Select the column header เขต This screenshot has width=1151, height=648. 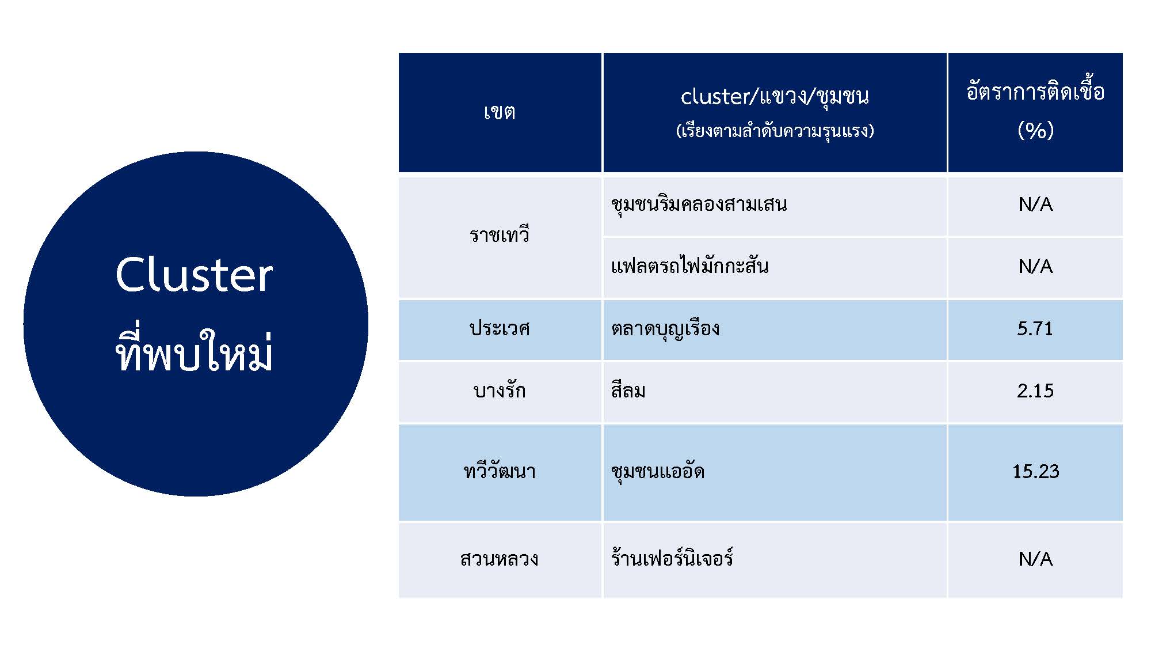tap(500, 112)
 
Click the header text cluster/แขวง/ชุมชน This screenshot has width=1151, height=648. tap(775, 96)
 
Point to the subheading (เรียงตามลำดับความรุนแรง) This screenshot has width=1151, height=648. tap(775, 131)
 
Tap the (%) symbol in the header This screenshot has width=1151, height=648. tap(1035, 130)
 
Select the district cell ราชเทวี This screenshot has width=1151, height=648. tap(500, 234)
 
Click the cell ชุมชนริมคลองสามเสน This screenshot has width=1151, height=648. tap(699, 204)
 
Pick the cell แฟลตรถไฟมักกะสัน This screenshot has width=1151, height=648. tap(690, 266)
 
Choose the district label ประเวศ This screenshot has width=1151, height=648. tap(500, 328)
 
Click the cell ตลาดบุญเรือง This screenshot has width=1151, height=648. tap(665, 329)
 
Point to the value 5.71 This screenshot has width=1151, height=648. tap(1035, 328)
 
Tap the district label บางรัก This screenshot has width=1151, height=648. tap(500, 391)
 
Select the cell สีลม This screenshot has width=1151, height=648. tap(628, 390)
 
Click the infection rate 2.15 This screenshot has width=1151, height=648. tap(1035, 391)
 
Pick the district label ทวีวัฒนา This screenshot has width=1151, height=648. tap(500, 471)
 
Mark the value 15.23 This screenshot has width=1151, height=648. tap(1035, 471)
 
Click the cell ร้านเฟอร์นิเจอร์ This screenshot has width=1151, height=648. tap(672, 558)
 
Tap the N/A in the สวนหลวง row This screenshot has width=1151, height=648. tap(1035, 559)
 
